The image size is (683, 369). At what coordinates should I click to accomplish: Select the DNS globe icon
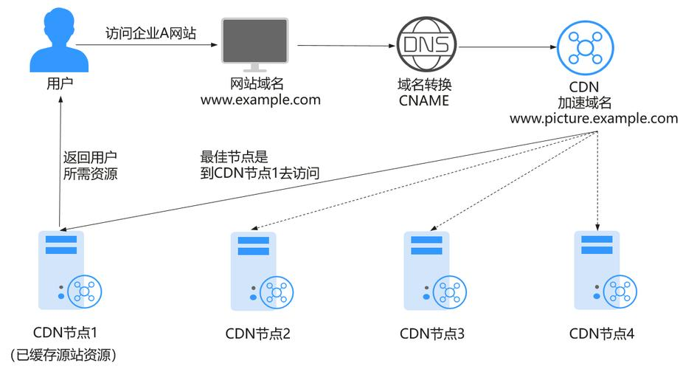coord(423,43)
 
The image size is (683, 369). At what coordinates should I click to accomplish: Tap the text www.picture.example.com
coord(593,118)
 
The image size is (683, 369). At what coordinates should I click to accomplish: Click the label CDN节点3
coord(432,334)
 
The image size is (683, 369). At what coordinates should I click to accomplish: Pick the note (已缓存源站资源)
coord(62,355)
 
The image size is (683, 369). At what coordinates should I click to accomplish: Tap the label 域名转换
coord(423,85)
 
